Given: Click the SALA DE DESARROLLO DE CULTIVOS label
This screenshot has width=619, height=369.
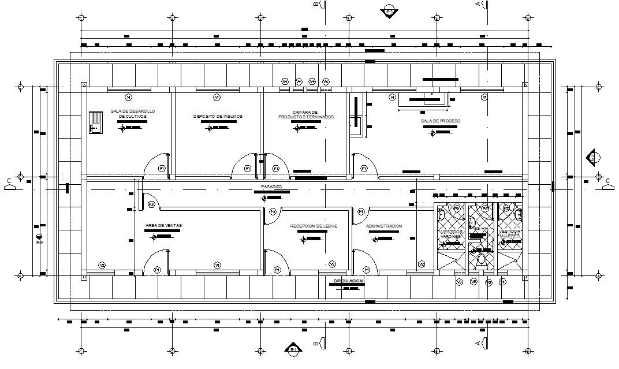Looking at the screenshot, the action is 133,113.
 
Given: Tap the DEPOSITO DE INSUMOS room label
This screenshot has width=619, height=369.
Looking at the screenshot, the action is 218,116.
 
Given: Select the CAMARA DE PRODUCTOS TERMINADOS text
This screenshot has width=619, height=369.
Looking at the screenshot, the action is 305,114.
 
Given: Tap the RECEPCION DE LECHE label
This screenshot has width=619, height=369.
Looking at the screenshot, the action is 314,226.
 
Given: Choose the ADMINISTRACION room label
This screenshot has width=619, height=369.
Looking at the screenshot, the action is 384,226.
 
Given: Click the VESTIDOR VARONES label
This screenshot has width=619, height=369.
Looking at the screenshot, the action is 450,234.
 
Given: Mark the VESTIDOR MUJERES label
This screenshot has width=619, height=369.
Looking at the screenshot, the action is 510,234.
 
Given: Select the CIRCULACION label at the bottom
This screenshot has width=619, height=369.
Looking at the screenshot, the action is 348,281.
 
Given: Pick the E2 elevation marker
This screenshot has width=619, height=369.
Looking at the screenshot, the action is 593,156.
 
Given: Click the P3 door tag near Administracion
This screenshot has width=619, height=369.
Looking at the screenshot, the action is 361,212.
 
